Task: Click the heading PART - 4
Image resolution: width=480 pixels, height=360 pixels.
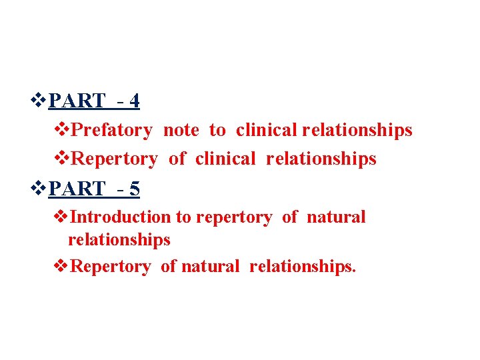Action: (x=94, y=101)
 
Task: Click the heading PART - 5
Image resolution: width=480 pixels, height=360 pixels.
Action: (x=94, y=189)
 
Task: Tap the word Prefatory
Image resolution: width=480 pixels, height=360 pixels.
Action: (x=111, y=130)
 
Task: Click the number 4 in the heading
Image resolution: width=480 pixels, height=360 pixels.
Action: (x=135, y=101)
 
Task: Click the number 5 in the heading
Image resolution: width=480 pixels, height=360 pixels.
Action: (x=135, y=189)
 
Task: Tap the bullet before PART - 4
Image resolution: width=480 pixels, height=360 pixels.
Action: (x=40, y=101)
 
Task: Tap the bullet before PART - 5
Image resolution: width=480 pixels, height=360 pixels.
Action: (x=40, y=190)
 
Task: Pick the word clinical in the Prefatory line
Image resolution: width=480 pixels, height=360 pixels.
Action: (x=267, y=130)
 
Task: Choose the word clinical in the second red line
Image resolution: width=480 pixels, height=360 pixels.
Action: (x=226, y=159)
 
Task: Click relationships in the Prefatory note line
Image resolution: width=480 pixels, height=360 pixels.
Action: (x=357, y=130)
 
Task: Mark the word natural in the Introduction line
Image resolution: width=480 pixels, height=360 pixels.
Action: (x=336, y=217)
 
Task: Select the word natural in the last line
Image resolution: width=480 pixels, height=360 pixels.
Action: (x=209, y=267)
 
